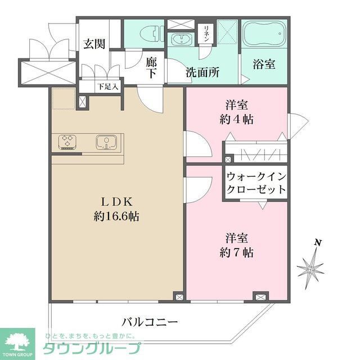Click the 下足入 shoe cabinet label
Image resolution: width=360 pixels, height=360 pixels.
coord(107,87)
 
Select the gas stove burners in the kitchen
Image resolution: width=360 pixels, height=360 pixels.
coord(67,141)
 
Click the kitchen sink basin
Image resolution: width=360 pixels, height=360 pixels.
coord(105,142)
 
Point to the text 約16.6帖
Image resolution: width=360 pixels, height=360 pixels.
coord(117,217)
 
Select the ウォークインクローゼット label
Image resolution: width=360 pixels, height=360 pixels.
coord(256,183)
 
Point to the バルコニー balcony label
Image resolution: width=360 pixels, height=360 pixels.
coord(150,322)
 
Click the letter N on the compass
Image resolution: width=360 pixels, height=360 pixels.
coord(318,242)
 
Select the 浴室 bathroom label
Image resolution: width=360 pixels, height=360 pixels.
coord(264,64)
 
